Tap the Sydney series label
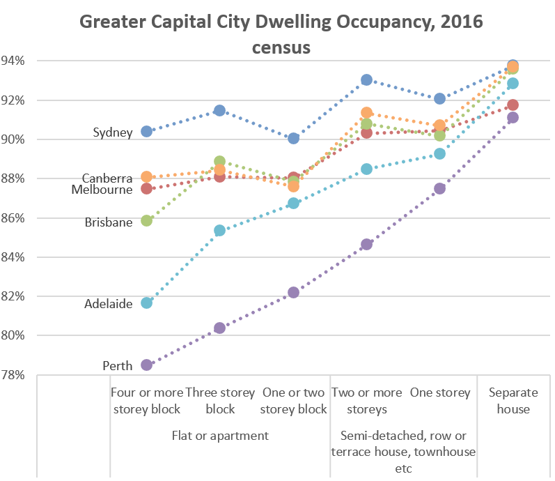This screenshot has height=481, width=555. [112, 132]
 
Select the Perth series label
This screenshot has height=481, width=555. [117, 366]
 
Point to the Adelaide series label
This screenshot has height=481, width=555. [108, 304]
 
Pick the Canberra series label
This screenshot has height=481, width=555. [107, 178]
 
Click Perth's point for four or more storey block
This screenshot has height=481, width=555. [146, 365]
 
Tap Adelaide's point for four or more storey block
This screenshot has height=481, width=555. [146, 303]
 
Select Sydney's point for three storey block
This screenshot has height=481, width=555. [220, 110]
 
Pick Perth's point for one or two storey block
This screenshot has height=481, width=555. [293, 292]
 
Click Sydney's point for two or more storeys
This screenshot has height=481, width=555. [367, 80]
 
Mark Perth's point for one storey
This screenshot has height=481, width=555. [440, 189]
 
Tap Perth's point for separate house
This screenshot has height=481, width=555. [513, 117]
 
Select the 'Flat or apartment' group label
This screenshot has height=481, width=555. [220, 436]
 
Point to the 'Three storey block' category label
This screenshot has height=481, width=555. [220, 401]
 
